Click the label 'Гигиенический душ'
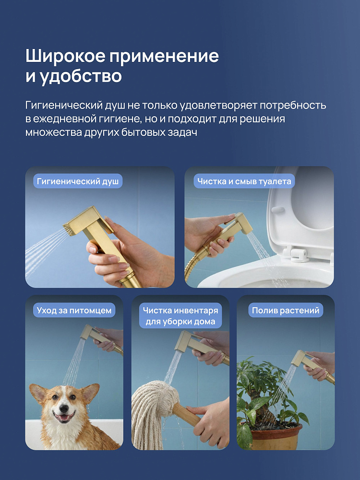(78, 181)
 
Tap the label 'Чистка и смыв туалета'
(244, 181)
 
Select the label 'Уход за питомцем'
(74, 310)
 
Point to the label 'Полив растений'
(286, 310)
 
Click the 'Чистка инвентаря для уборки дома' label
(180, 316)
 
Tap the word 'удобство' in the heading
(81, 76)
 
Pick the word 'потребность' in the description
(293, 105)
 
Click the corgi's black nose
(64, 408)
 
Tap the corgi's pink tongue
(64, 418)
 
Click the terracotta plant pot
(276, 435)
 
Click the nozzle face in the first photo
(69, 229)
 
